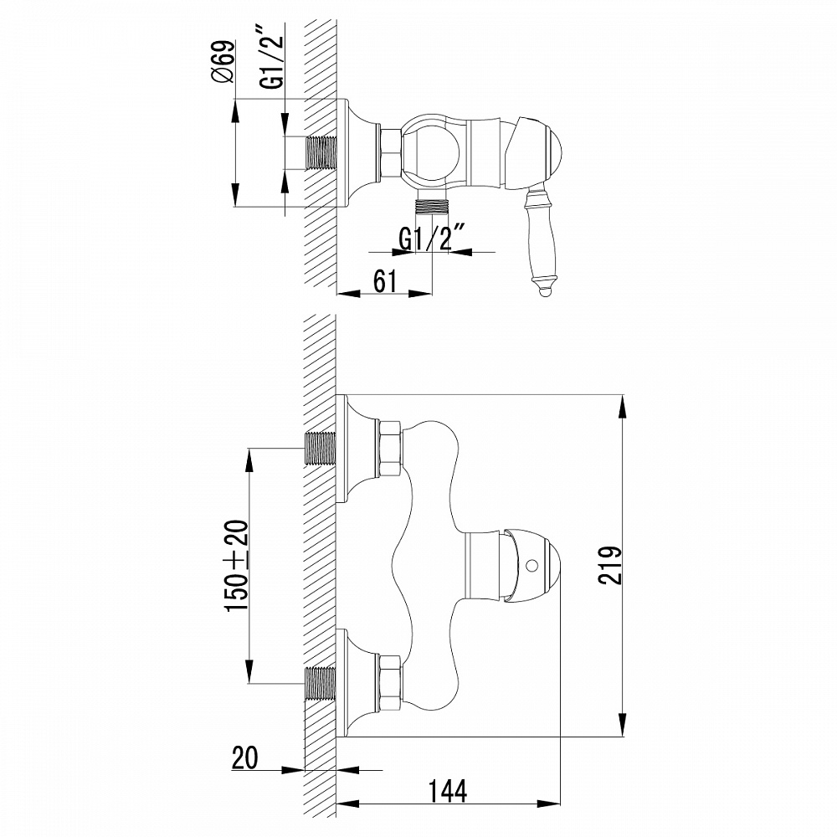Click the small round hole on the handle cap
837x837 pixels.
pyautogui.click(x=530, y=567)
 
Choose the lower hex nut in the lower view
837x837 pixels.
pyautogui.click(x=390, y=684)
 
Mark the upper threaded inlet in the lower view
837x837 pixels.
pyautogui.click(x=321, y=449)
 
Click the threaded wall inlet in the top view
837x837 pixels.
pyautogui.click(x=321, y=153)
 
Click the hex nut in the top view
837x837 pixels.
pyautogui.click(x=390, y=152)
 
